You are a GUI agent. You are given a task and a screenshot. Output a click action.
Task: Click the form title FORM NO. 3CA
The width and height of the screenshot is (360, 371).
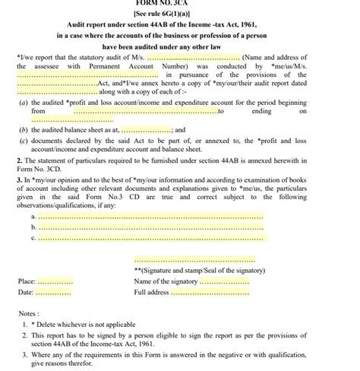[x=180, y=3]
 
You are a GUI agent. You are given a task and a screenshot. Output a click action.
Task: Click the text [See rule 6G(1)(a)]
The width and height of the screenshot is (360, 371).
[x=180, y=14]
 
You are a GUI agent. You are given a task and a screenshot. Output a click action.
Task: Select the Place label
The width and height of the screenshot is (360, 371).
[x=27, y=281]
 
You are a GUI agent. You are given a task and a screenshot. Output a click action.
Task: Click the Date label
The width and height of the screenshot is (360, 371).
[x=25, y=292]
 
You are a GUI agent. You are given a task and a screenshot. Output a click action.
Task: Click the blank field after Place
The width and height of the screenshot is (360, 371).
[x=55, y=282]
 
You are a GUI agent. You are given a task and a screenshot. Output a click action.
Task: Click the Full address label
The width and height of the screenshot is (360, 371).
[x=151, y=292]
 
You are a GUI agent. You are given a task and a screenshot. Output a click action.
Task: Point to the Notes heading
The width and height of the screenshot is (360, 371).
[x=29, y=313]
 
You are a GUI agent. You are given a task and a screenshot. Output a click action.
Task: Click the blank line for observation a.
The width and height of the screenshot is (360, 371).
[x=150, y=217]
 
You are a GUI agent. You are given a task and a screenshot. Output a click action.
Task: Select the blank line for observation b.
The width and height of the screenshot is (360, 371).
[x=150, y=227]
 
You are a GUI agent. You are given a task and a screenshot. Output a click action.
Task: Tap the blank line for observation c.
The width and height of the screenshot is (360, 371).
[x=150, y=238]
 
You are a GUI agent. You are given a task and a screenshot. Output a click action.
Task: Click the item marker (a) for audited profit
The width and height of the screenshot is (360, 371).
[x=24, y=102]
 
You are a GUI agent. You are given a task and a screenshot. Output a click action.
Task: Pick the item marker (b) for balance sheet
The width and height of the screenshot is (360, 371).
[x=24, y=130]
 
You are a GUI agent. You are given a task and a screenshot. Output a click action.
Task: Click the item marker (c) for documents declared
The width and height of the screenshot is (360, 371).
[x=24, y=141]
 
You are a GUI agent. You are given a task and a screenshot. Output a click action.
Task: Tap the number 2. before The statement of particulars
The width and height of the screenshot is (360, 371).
[x=19, y=160]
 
